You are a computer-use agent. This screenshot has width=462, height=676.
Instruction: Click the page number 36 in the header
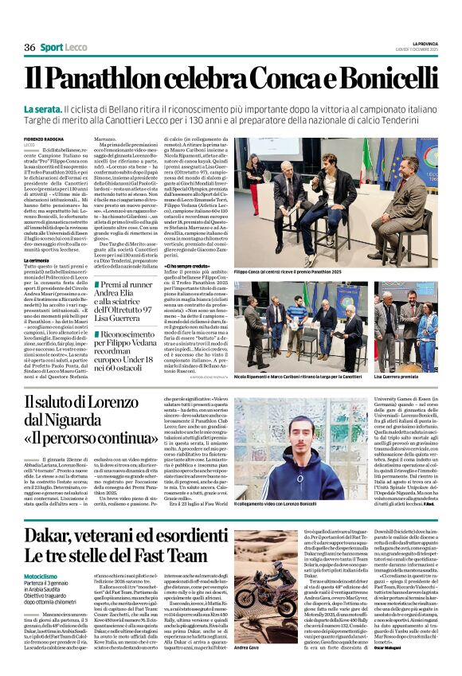tap(29, 48)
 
